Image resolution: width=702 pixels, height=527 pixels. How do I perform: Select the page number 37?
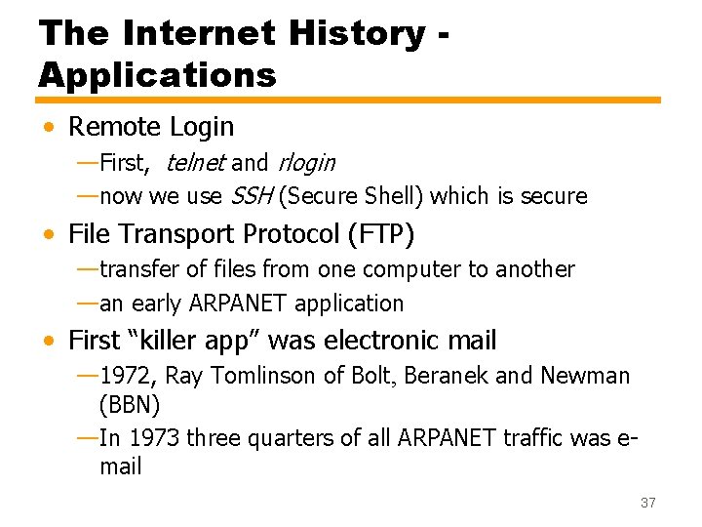[x=647, y=503]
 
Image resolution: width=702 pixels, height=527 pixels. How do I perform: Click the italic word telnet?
[x=196, y=162]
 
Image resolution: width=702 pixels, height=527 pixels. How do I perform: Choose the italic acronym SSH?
[x=251, y=196]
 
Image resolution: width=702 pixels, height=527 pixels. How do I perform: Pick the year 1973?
[x=154, y=438]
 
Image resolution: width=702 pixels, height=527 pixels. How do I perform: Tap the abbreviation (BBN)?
[x=130, y=404]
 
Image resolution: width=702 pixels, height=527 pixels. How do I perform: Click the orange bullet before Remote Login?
[x=49, y=128]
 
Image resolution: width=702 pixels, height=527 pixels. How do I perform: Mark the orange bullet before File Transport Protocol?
[x=49, y=235]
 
